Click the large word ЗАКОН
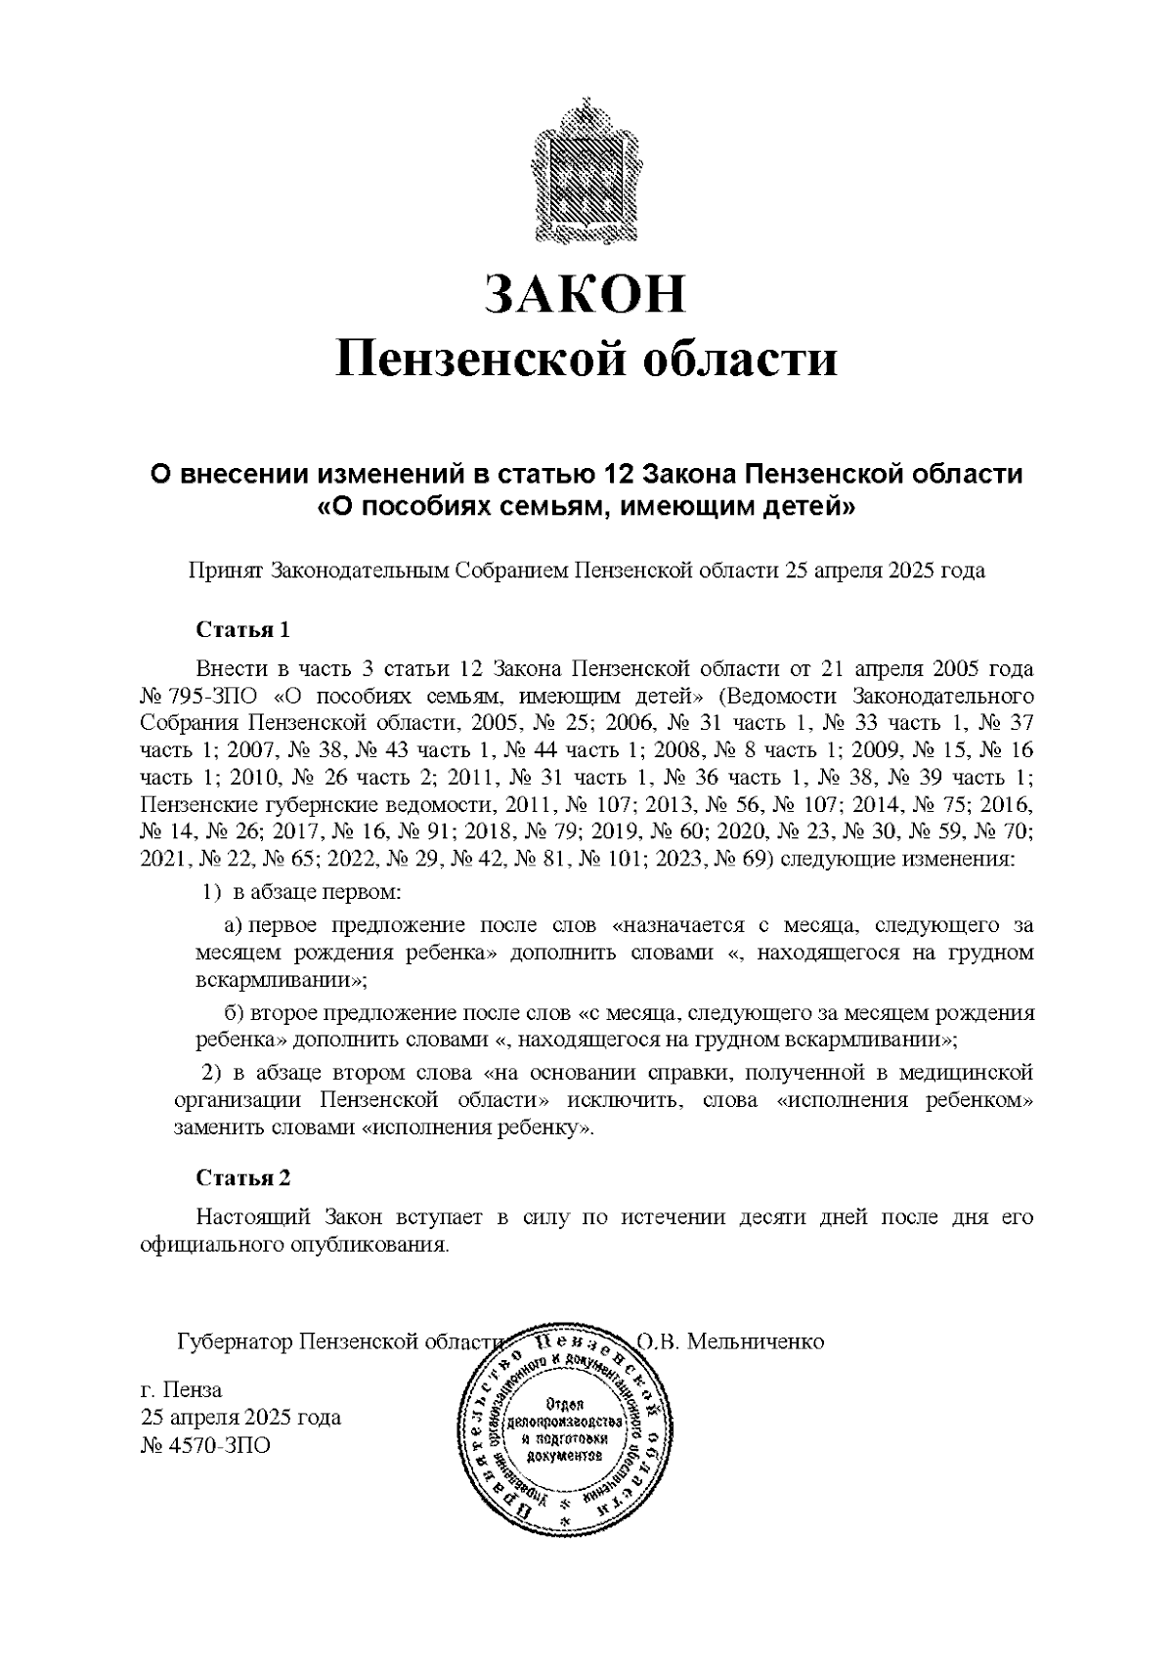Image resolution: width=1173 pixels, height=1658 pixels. [586, 294]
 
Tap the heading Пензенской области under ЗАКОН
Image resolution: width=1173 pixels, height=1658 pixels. [586, 359]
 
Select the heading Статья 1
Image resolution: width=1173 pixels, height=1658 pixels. [242, 628]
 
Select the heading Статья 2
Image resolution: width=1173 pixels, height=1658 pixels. [242, 1177]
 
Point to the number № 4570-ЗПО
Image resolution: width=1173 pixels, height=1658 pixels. [205, 1444]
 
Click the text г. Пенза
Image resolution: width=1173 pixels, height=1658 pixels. [182, 1389]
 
